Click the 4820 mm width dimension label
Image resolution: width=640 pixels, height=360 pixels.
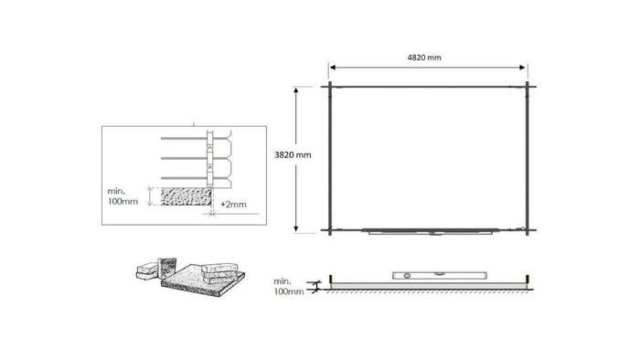[424, 57]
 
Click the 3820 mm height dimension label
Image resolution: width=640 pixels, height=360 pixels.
[293, 155]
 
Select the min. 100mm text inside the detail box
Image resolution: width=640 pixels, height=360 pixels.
[123, 196]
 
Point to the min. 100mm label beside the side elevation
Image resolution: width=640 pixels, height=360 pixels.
[289, 287]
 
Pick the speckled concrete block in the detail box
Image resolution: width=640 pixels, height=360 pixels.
[186, 196]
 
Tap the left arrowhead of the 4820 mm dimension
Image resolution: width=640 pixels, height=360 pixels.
[334, 67]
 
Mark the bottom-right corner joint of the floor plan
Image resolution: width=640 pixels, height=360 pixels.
[528, 229]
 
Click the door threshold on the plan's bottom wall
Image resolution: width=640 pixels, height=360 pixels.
[430, 232]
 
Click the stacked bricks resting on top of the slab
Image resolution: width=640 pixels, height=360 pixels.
[220, 272]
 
